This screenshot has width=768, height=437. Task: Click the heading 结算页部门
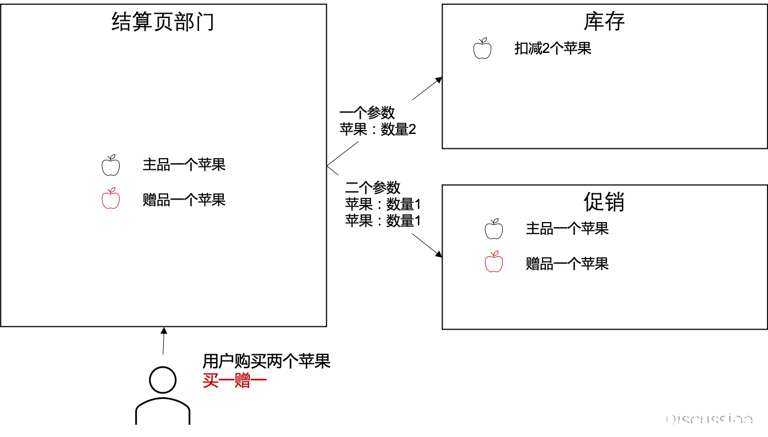[x=163, y=23]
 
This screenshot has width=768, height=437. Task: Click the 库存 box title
[x=604, y=21]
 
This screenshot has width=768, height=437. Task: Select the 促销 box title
[x=604, y=202]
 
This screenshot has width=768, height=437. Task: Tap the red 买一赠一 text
[x=235, y=380]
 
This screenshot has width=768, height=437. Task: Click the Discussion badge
[x=697, y=419]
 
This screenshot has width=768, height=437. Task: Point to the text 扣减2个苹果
[x=552, y=48]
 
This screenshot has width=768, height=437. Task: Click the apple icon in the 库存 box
[x=482, y=48]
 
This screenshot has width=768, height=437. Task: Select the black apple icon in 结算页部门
[x=111, y=165]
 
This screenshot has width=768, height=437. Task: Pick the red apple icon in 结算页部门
[x=111, y=198]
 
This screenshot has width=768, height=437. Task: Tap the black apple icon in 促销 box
[x=494, y=229]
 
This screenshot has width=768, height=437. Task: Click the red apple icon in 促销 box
[x=494, y=262]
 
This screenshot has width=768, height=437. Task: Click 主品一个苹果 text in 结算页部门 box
[x=184, y=165]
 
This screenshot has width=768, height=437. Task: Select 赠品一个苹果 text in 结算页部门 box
[x=184, y=199]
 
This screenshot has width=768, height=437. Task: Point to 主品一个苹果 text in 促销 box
[x=567, y=229]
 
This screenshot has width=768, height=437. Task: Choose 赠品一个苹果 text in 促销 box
[x=567, y=263]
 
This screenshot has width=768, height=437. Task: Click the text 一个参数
[x=367, y=112]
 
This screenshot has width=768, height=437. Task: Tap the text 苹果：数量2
[x=378, y=130]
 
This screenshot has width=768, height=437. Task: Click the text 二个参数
[x=373, y=187]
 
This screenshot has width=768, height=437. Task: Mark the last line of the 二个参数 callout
[x=383, y=221]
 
